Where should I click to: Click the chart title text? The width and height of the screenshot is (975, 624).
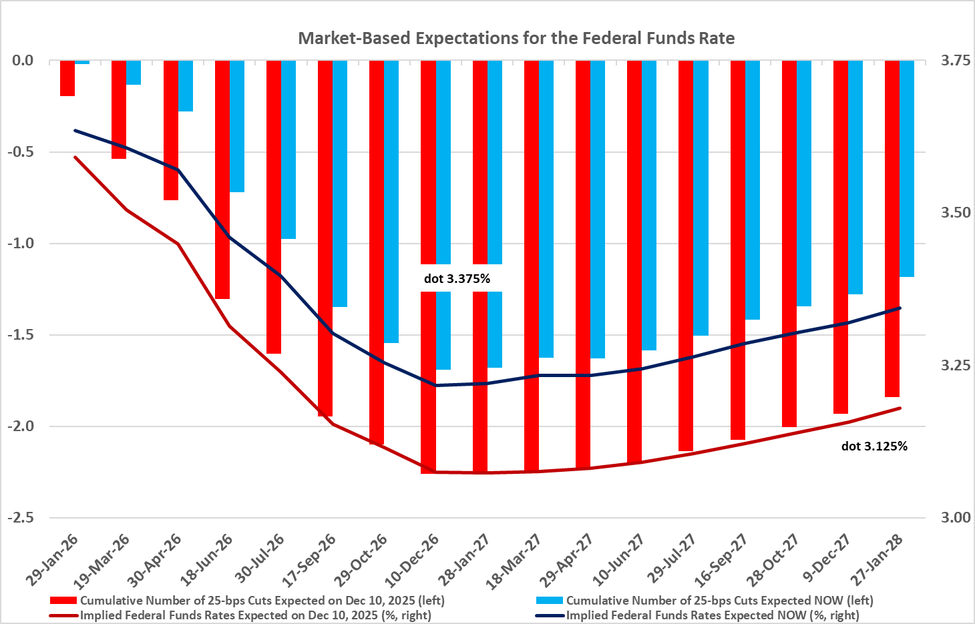(516, 38)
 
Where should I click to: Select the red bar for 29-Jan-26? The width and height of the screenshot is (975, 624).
(67, 78)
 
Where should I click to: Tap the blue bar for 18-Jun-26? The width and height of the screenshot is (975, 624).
(237, 126)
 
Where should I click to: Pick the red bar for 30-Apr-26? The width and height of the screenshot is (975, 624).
(170, 130)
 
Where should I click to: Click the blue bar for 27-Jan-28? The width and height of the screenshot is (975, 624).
(907, 168)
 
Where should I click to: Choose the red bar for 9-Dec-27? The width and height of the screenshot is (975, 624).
(840, 237)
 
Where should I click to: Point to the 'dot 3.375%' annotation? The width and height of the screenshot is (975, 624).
(457, 278)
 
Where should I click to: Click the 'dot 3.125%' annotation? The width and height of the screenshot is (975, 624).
(874, 446)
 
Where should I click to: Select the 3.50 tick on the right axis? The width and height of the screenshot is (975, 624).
(955, 213)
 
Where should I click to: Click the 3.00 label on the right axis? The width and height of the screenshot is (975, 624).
(955, 518)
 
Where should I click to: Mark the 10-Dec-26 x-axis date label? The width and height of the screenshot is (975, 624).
(421, 559)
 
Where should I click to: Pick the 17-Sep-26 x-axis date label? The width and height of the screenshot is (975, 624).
(317, 559)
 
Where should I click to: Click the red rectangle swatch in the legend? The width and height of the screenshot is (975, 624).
(64, 601)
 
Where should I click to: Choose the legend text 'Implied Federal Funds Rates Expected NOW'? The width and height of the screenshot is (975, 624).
(713, 615)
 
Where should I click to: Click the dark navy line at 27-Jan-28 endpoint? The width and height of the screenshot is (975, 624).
(900, 308)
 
